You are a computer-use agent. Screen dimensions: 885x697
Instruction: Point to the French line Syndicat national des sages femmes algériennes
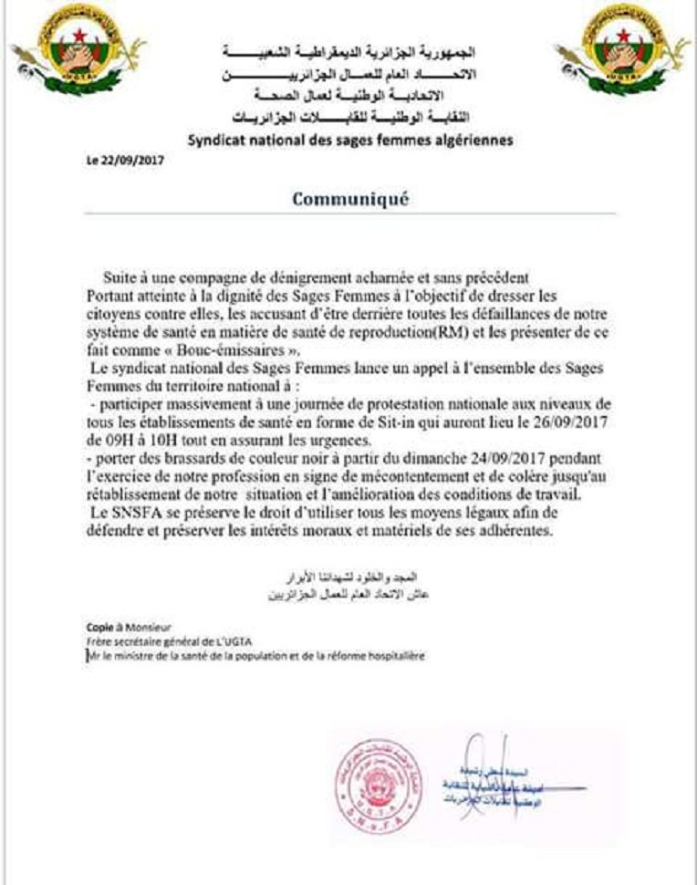(x=350, y=141)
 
